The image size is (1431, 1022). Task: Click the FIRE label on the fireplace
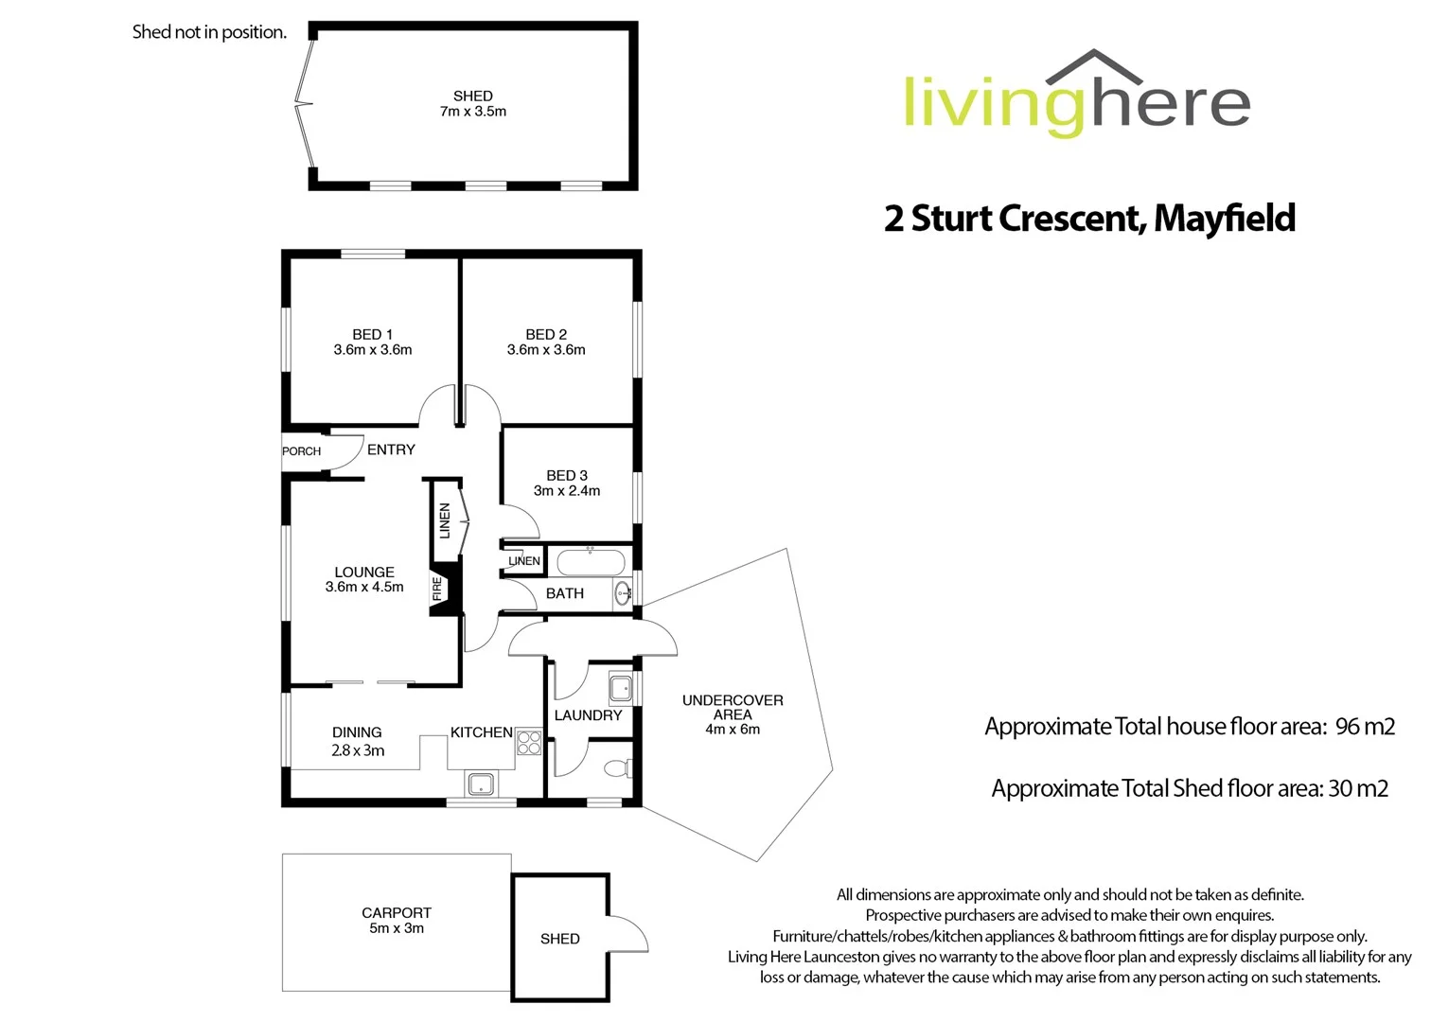[x=437, y=590]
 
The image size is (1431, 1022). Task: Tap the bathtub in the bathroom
[x=590, y=562]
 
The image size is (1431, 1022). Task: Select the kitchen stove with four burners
[x=529, y=743]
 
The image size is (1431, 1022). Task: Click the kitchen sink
[x=481, y=784]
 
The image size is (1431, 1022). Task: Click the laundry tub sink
[x=621, y=687]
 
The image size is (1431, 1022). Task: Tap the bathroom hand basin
[x=624, y=593]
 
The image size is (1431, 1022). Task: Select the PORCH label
[x=302, y=451]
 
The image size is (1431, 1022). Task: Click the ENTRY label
[x=391, y=449]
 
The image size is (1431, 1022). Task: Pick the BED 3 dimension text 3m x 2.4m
[x=567, y=490]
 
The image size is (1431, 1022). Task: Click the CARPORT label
[x=397, y=912]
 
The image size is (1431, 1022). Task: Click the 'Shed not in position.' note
[x=209, y=32]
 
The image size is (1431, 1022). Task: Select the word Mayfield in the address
[x=1224, y=219]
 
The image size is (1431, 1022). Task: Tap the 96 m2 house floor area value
[x=1365, y=727]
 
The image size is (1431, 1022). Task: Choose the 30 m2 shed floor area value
[x=1358, y=788]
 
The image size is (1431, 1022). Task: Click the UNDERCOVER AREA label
[x=733, y=707]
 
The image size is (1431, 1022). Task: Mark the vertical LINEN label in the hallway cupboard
[x=444, y=520]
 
